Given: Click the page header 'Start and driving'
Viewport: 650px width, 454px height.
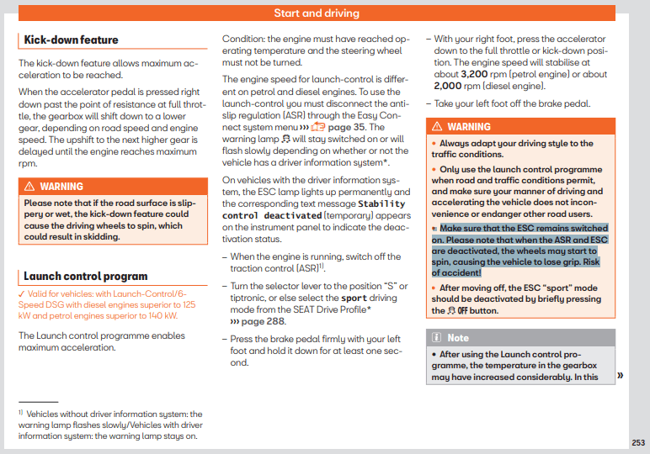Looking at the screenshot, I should tap(317, 13).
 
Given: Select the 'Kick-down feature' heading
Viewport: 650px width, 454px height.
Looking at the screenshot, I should tap(72, 40).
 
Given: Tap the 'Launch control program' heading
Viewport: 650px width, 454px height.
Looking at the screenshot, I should tap(85, 276).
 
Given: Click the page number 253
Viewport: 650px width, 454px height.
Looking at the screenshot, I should tap(638, 441).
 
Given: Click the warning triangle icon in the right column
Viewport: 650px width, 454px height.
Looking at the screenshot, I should tap(437, 126).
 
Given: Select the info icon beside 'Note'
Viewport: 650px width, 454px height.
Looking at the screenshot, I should tap(437, 338).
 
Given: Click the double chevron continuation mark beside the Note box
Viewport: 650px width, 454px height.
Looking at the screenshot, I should tap(621, 375).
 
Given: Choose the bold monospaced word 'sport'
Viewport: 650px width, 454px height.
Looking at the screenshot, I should tap(354, 298).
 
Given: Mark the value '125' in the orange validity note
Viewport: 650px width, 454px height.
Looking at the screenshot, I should tap(189, 304).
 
